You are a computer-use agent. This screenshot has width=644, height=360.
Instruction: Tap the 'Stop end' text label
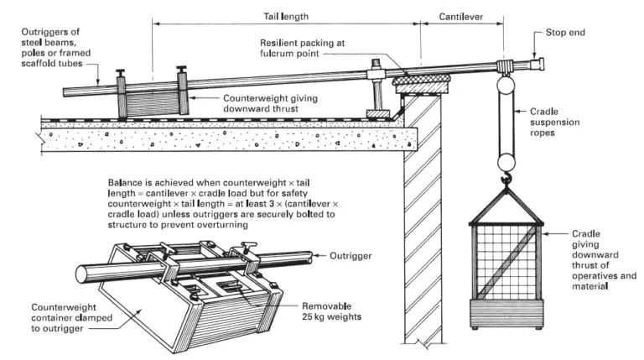pos(568,33)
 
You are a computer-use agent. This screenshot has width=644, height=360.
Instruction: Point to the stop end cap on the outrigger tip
pos(537,62)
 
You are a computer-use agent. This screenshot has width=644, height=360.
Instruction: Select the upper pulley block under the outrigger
pos(506,85)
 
